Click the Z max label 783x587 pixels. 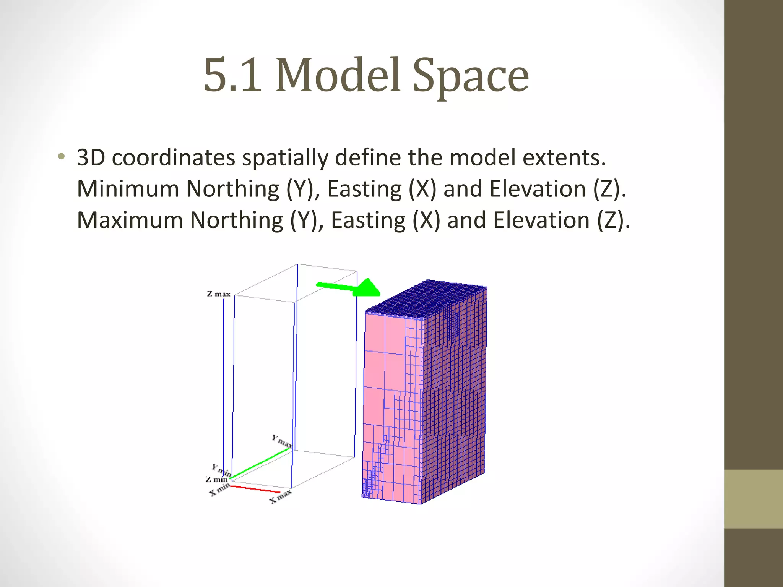tap(218, 294)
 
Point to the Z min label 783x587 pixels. tap(216, 479)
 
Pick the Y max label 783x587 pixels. tap(282, 441)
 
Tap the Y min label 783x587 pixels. tap(222, 470)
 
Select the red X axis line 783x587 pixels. tap(255, 489)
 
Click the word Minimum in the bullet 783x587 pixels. tap(128, 189)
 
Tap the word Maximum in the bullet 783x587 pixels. tap(130, 221)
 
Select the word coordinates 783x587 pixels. tap(173, 158)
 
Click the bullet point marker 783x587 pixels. tap(61, 157)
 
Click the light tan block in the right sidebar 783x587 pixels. tap(753, 499)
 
